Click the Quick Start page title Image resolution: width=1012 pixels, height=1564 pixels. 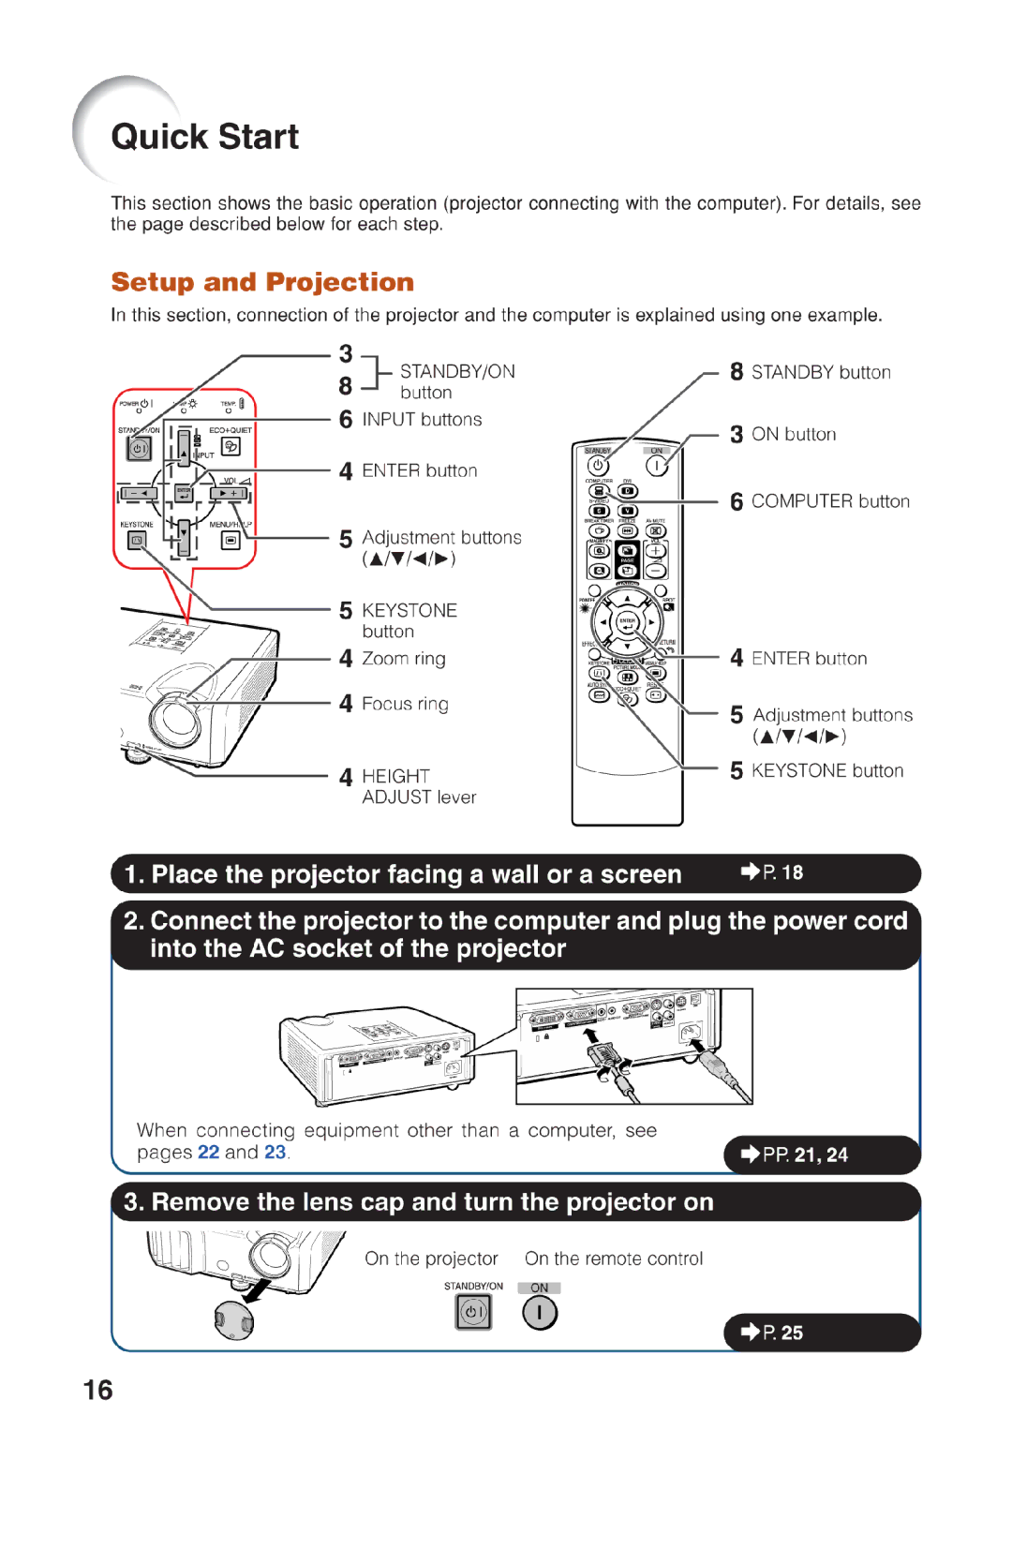pyautogui.click(x=204, y=137)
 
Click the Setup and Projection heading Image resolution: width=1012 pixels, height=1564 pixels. pyautogui.click(x=262, y=282)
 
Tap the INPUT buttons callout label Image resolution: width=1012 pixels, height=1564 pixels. pyautogui.click(x=422, y=420)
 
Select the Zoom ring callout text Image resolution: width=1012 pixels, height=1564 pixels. pyautogui.click(x=404, y=659)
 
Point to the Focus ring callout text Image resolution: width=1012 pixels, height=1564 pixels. pyautogui.click(x=405, y=704)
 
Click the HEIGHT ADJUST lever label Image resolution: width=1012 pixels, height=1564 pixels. pyautogui.click(x=418, y=786)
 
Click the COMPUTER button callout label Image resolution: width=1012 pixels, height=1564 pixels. pyautogui.click(x=830, y=501)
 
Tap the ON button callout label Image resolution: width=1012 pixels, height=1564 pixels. pyautogui.click(x=793, y=434)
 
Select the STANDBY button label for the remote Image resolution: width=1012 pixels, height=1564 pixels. pyautogui.click(x=821, y=372)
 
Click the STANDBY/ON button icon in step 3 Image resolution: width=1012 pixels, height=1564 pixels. pyautogui.click(x=473, y=1312)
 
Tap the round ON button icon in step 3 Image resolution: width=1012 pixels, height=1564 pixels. pyautogui.click(x=540, y=1313)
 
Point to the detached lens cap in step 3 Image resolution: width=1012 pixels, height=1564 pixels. pyautogui.click(x=233, y=1319)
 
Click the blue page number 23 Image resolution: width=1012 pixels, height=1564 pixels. pyautogui.click(x=275, y=1152)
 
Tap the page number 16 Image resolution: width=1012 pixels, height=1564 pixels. pyautogui.click(x=97, y=1390)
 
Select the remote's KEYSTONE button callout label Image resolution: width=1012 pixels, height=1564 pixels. pyautogui.click(x=826, y=770)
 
